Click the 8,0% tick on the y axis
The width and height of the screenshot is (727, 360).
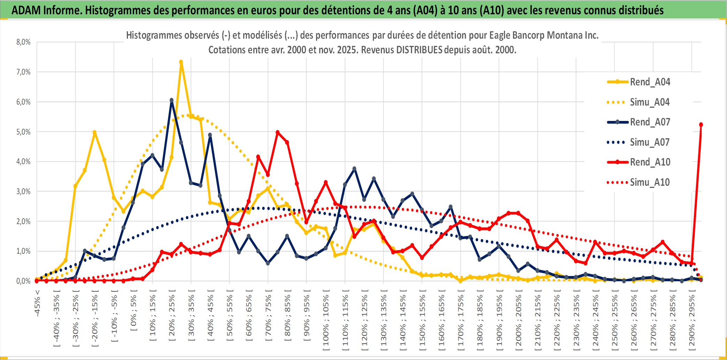click(x=23, y=42)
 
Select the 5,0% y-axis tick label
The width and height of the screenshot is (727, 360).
click(x=23, y=132)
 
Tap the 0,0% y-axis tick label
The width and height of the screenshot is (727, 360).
click(x=23, y=281)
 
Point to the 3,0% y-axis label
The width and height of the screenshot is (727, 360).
click(x=23, y=191)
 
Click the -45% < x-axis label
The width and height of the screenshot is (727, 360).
click(x=37, y=303)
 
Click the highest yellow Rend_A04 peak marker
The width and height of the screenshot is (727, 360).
click(x=181, y=62)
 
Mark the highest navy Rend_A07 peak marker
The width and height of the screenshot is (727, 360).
click(x=171, y=100)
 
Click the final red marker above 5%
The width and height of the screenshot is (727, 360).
click(x=701, y=124)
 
